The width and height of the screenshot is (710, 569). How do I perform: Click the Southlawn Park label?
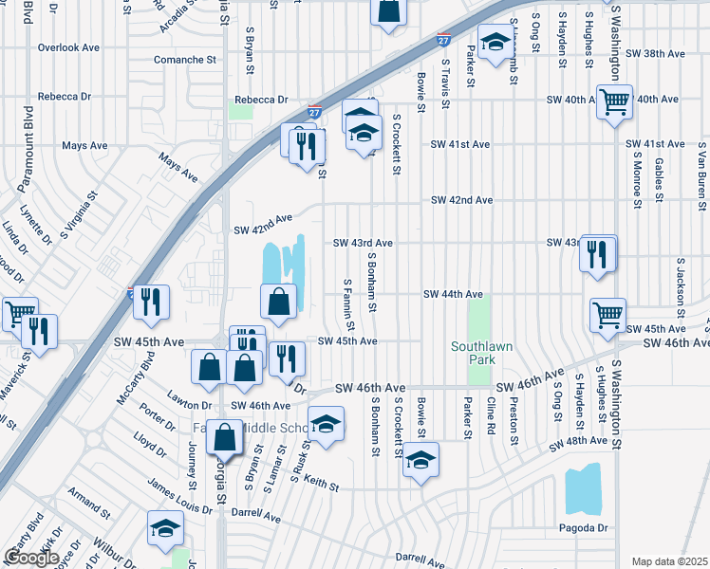tap(481, 354)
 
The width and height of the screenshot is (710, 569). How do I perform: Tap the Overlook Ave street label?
tap(69, 46)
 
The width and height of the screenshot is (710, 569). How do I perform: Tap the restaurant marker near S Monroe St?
tap(598, 254)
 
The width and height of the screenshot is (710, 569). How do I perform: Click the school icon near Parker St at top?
tap(495, 43)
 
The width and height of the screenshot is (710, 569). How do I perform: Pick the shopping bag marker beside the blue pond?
tap(279, 303)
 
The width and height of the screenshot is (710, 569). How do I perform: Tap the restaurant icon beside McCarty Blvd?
tap(151, 303)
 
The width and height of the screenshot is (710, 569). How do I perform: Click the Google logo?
tap(31, 558)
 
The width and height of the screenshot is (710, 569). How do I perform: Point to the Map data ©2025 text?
tap(670, 561)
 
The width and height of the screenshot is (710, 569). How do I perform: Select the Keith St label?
tap(322, 485)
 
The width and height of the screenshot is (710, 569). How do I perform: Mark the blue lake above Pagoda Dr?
tap(583, 488)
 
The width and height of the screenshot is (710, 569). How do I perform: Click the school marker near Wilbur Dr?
tap(165, 528)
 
